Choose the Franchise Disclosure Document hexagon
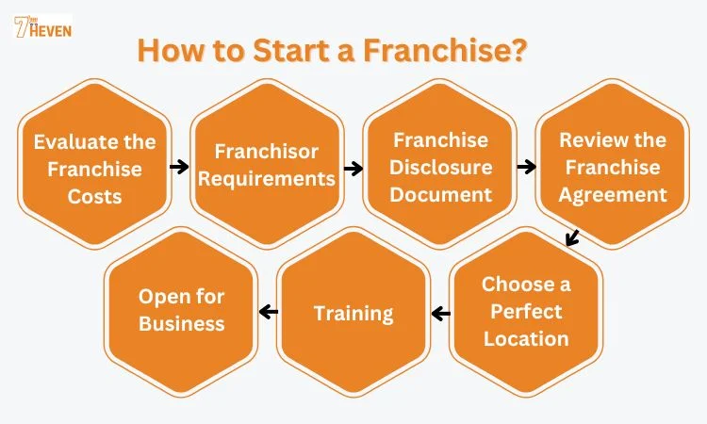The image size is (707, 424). (x=441, y=167)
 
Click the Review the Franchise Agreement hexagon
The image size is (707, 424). (x=612, y=167)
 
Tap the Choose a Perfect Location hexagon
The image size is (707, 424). (x=525, y=311)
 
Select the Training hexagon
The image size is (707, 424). (x=353, y=313)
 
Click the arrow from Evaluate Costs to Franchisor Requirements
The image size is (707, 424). (x=178, y=168)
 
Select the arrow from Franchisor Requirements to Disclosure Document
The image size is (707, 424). (x=353, y=169)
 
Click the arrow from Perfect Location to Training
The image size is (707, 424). (x=439, y=312)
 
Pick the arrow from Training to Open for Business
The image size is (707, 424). (x=268, y=312)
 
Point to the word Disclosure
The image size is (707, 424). (x=441, y=168)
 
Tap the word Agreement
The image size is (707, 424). (x=612, y=195)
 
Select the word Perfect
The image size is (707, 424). (x=525, y=311)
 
